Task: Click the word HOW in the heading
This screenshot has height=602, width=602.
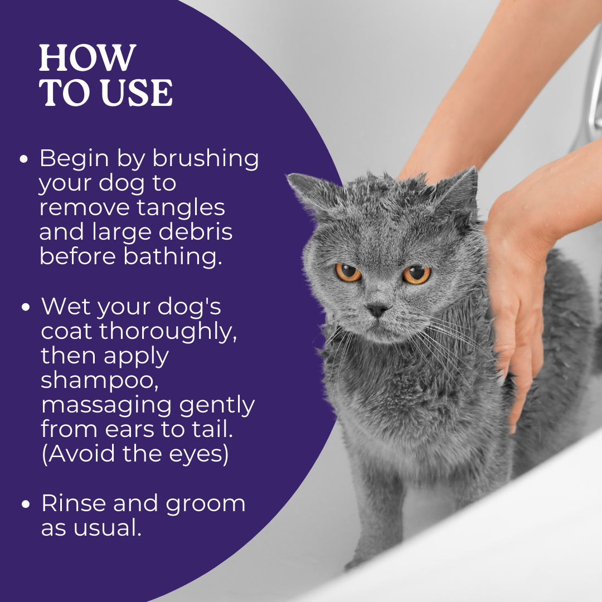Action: click(x=88, y=57)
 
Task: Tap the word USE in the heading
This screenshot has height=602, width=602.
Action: click(x=138, y=93)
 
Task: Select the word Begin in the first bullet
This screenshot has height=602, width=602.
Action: click(x=73, y=158)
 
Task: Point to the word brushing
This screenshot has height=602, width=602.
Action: click(x=206, y=159)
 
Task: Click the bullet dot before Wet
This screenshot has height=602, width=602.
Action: click(x=26, y=307)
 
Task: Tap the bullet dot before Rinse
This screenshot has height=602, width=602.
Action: click(x=26, y=504)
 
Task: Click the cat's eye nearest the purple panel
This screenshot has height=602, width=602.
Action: click(x=348, y=272)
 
